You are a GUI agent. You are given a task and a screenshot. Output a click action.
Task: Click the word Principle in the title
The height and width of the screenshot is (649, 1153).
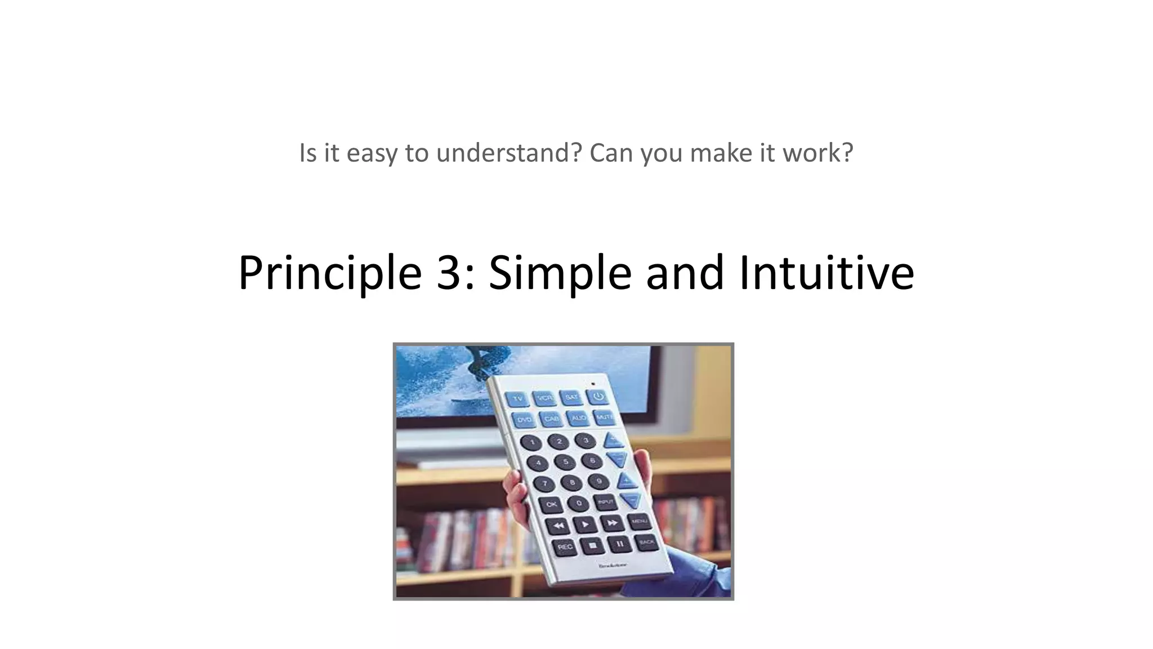click(x=329, y=273)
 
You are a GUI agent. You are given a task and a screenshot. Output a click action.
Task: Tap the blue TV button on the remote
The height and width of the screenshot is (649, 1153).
click(x=517, y=399)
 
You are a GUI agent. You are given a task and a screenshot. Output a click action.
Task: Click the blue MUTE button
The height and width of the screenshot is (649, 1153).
click(x=605, y=417)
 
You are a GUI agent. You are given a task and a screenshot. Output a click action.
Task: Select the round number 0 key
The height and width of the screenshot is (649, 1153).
click(x=578, y=503)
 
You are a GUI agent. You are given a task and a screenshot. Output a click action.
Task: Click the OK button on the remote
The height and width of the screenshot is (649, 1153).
click(x=551, y=504)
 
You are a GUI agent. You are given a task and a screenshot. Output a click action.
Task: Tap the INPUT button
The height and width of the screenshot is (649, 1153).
click(x=605, y=501)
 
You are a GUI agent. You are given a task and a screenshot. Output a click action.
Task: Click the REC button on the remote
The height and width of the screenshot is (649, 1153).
click(x=565, y=546)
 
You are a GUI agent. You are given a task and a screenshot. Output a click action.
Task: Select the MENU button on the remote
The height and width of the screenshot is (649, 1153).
click(x=638, y=521)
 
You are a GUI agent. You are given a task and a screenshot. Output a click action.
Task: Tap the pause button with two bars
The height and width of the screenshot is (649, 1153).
click(x=619, y=544)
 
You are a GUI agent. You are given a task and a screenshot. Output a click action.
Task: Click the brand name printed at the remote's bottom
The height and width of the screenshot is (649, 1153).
click(x=613, y=564)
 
